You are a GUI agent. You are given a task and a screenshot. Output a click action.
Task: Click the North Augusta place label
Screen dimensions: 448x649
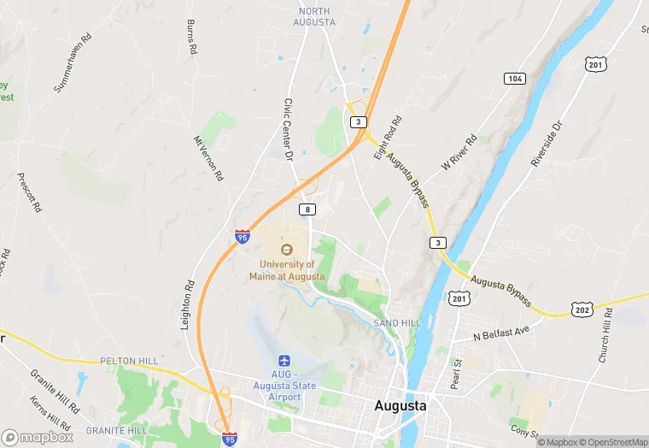tap(316, 16)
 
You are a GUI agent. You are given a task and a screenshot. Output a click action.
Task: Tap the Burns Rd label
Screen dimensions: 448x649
tap(192, 37)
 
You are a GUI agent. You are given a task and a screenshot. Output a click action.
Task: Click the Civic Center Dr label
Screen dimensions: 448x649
tap(288, 129)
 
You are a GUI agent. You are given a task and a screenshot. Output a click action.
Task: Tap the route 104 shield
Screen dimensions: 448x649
tap(513, 78)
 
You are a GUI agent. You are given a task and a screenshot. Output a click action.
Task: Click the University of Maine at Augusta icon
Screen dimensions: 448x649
tap(287, 249)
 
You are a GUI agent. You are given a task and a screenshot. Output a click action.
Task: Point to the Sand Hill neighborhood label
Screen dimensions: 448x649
tap(397, 322)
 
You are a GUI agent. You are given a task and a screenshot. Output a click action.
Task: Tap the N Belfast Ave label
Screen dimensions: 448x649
tap(502, 332)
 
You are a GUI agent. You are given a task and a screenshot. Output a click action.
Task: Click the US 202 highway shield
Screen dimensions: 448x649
tap(582, 309)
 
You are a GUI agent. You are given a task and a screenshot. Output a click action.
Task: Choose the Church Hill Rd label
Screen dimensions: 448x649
tap(605, 334)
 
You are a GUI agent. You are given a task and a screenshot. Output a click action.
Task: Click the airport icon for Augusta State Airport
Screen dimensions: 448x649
tap(286, 362)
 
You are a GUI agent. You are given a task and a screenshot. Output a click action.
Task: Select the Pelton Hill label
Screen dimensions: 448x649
tap(129, 362)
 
